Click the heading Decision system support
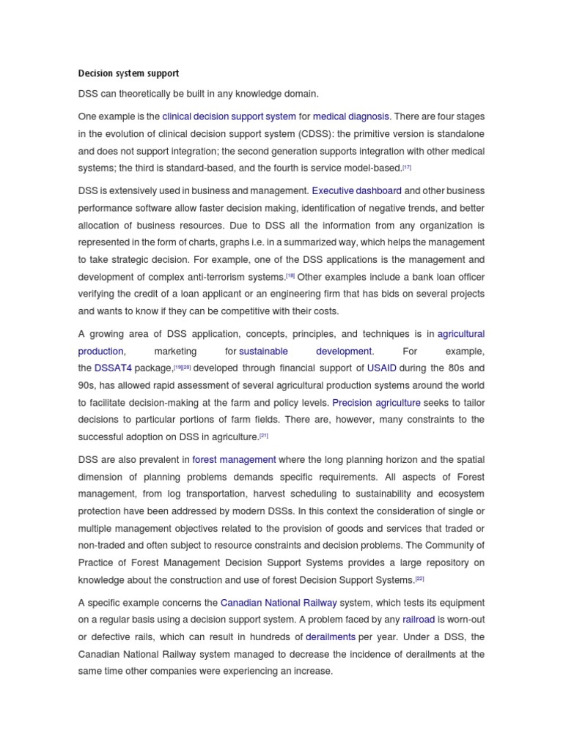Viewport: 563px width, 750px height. pos(128,74)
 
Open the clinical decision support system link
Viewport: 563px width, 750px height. pos(229,116)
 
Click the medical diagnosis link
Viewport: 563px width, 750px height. pos(351,116)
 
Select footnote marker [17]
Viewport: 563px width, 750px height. pos(407,168)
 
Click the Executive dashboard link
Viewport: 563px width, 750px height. pos(357,191)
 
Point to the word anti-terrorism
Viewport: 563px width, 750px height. pos(226,278)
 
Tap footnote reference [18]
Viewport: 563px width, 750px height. pos(290,276)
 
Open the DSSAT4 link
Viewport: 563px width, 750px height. pos(114,368)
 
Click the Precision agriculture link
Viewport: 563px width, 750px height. pos(376,403)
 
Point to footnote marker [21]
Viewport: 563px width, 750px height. pos(264,436)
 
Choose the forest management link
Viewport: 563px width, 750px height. pos(234,460)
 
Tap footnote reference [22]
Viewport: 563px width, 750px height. pos(419,579)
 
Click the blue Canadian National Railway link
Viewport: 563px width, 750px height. pos(279,603)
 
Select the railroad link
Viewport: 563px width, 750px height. pos(419,620)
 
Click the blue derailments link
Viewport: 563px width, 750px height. pos(331,637)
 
